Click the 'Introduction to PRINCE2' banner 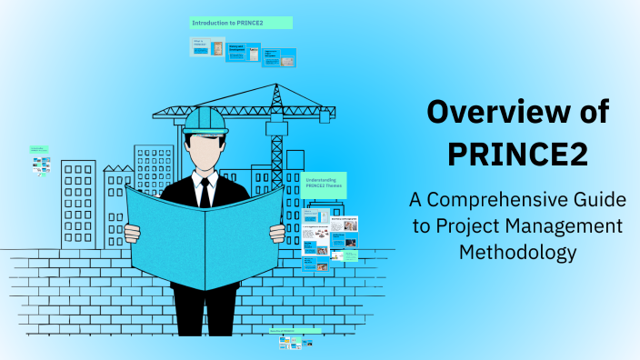click(x=241, y=22)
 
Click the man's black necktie click(x=205, y=192)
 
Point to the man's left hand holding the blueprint click(x=278, y=233)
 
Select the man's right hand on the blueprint click(x=132, y=232)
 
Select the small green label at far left click(x=37, y=148)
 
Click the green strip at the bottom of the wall click(x=295, y=332)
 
